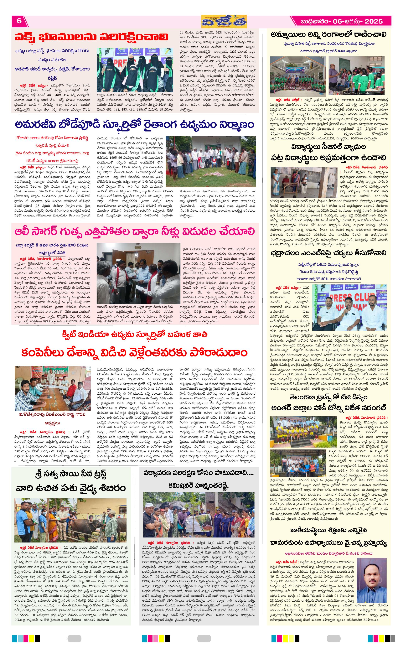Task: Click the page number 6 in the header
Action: [19, 21]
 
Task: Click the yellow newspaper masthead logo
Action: [224, 21]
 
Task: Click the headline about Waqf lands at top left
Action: [91, 37]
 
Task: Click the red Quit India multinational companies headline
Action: [135, 353]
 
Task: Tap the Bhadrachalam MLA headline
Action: [328, 253]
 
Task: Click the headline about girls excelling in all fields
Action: [328, 34]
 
